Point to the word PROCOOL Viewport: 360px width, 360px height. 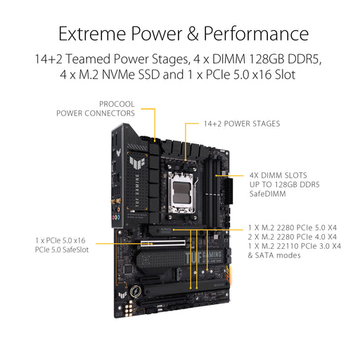116,103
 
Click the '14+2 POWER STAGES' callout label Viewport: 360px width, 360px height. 241,124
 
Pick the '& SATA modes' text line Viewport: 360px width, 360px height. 274,255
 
